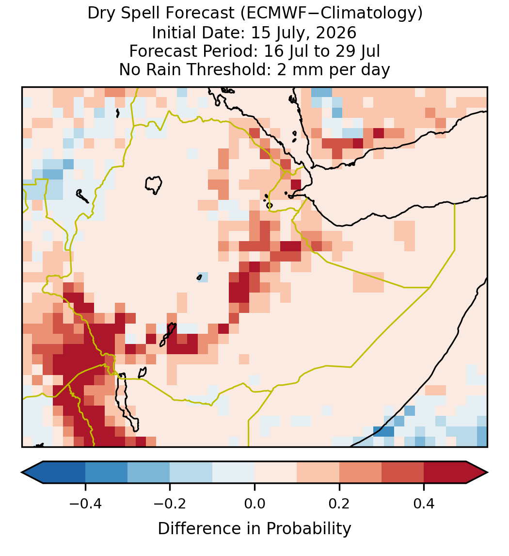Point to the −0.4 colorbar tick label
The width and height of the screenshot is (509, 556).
[85, 504]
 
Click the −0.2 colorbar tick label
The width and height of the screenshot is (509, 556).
[170, 504]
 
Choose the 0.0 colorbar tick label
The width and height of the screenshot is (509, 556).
[254, 504]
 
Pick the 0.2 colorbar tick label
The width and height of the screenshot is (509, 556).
[339, 504]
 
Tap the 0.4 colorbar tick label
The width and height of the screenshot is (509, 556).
[424, 504]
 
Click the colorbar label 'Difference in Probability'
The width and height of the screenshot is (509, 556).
[254, 529]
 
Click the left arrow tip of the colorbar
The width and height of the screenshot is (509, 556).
[22, 473]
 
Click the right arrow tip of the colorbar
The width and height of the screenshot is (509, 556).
[487, 473]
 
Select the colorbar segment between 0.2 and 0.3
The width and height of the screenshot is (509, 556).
[360, 473]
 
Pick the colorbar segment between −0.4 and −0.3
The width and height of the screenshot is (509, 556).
[106, 473]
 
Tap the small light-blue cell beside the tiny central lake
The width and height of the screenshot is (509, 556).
[203, 277]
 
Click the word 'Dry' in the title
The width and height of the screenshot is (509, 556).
[100, 14]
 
